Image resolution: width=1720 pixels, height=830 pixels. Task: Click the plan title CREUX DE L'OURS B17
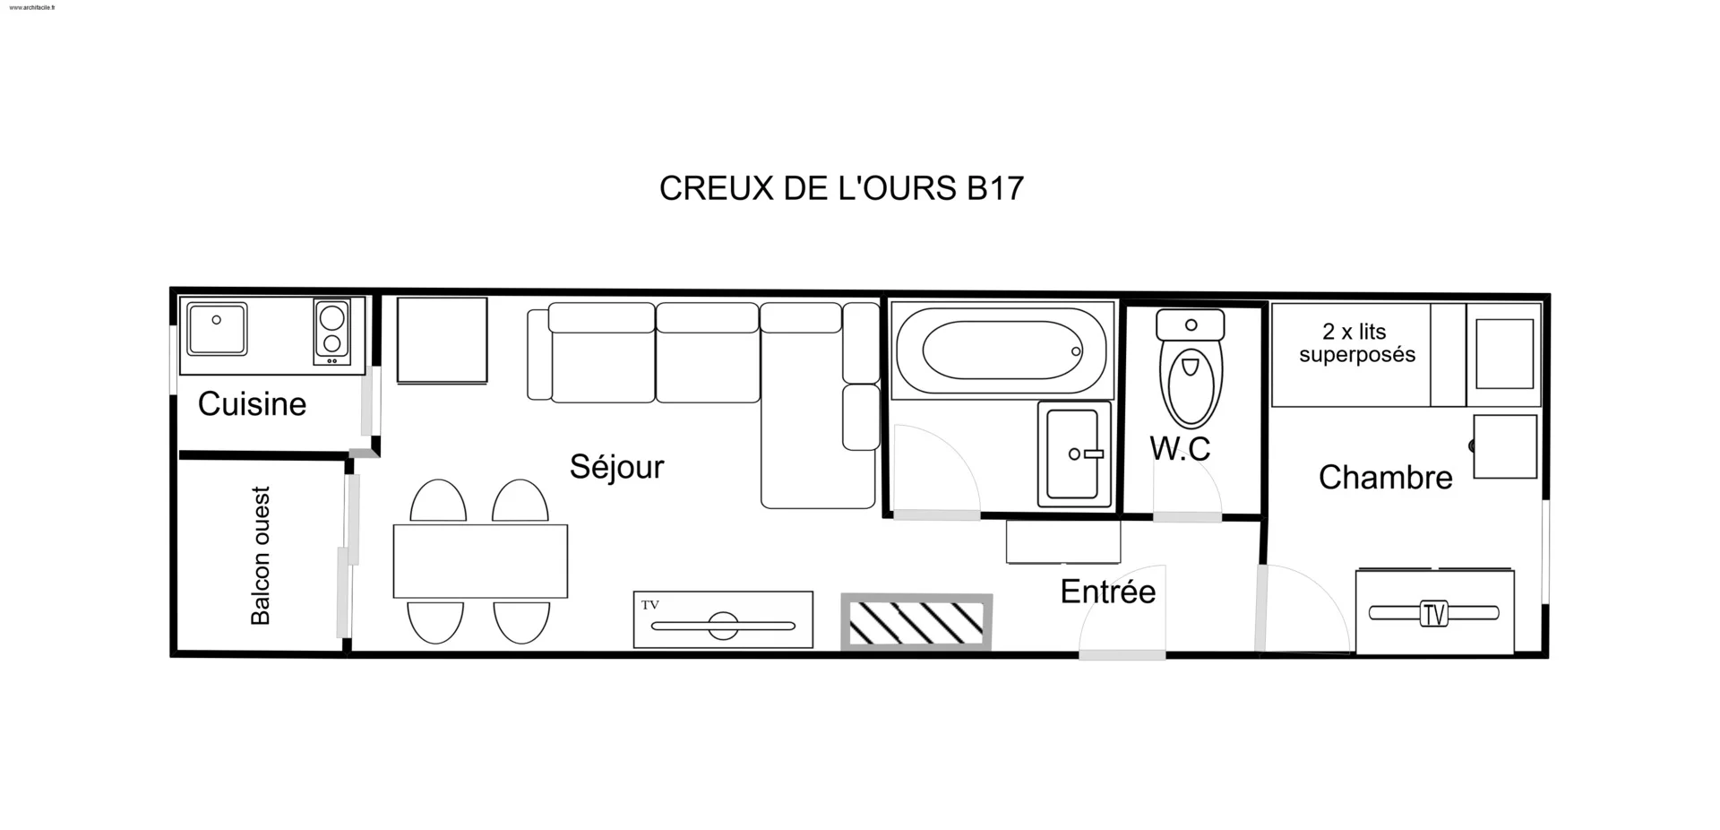coord(841,188)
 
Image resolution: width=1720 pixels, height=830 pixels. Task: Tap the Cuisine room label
coord(252,404)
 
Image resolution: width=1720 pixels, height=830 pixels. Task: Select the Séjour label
coord(616,467)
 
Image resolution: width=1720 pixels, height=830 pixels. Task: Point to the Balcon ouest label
coord(260,556)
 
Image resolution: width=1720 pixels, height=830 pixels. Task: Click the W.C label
coord(1180,448)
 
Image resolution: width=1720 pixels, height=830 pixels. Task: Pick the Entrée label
coord(1108,592)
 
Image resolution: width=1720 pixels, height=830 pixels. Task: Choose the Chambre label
coord(1386,478)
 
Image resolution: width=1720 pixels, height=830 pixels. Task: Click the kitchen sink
coord(217,329)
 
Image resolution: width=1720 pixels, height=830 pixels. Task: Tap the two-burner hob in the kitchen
coord(331,332)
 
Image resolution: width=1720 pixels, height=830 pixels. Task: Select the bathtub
coord(1002,350)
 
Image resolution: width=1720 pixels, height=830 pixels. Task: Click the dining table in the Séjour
coord(480,561)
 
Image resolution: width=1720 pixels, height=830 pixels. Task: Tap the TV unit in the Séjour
coord(723,619)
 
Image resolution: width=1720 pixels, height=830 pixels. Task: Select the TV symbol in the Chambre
coord(1434,614)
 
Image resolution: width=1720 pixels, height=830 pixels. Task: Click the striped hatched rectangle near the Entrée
coord(916,622)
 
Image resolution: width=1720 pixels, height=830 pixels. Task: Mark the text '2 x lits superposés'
coord(1357,343)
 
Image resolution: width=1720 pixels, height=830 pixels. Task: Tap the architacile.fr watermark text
coord(32,7)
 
